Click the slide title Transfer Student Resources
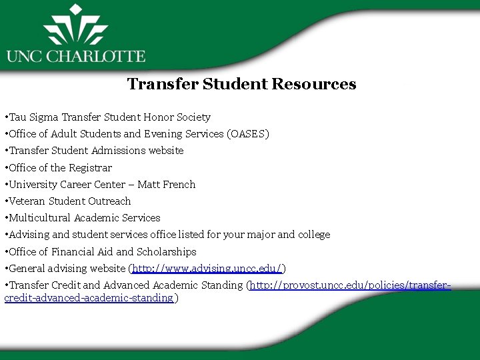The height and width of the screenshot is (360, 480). pos(241,85)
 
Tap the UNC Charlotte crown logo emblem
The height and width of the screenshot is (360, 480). pos(75,27)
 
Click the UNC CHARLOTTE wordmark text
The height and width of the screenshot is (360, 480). pos(75,56)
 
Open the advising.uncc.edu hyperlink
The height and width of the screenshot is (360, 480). pos(208,269)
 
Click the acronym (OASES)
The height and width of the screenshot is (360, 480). pos(248,134)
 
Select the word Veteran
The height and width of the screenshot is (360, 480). pos(26,201)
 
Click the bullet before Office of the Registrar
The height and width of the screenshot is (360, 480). pos(5,168)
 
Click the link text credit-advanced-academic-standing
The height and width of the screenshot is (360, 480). pos(89,299)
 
